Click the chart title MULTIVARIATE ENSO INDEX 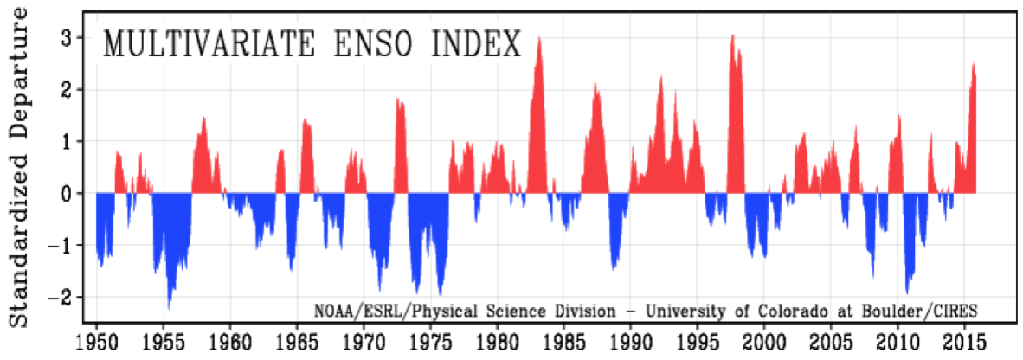click(x=312, y=44)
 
